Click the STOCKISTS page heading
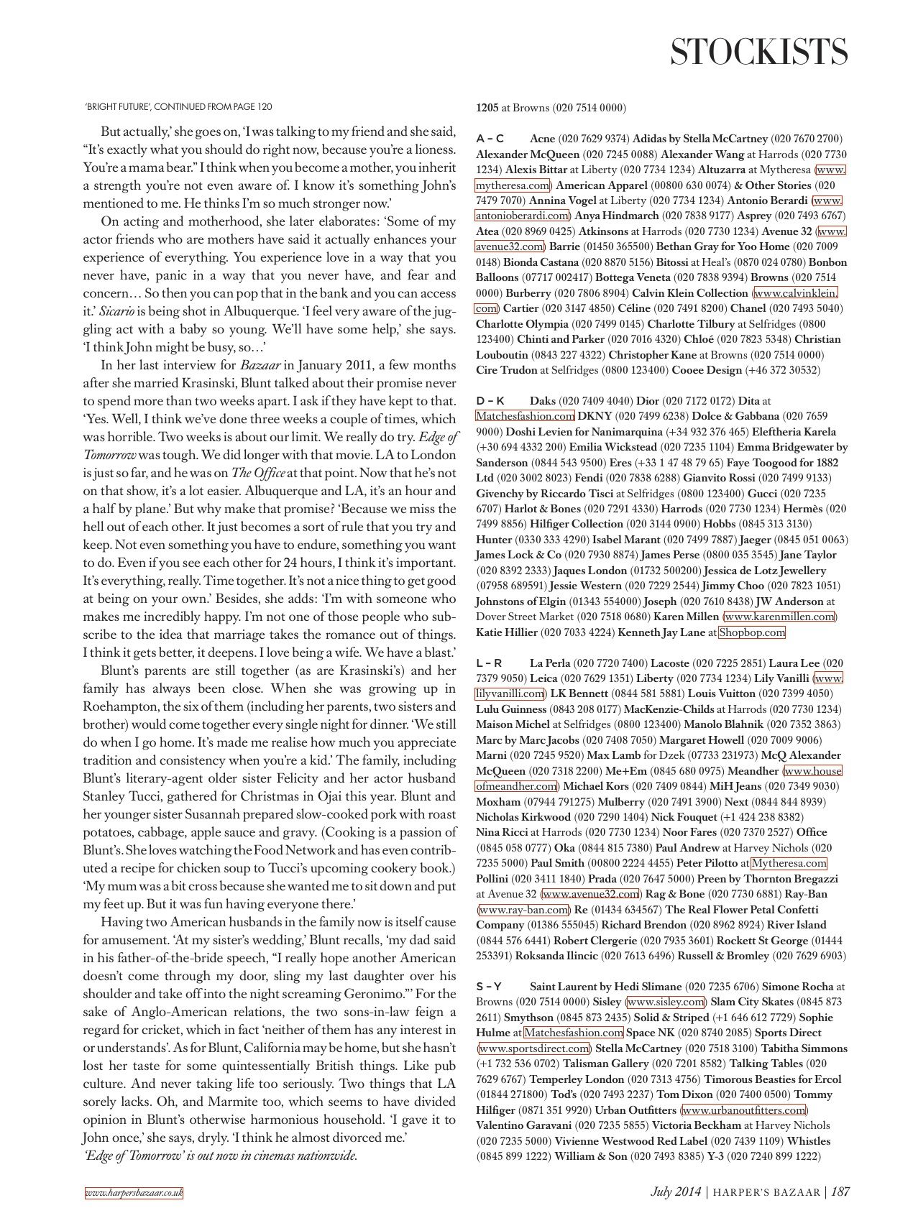click(x=758, y=52)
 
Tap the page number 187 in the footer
click(x=840, y=1191)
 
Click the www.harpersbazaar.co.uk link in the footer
click(x=134, y=1193)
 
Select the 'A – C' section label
click(x=490, y=139)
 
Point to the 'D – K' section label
click(x=490, y=401)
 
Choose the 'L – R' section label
click(x=490, y=663)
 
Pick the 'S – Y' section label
click(x=489, y=987)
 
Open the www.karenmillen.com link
click(x=779, y=617)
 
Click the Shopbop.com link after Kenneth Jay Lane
click(x=752, y=632)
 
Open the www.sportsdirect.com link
click(x=533, y=1048)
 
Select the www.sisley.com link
click(x=666, y=1002)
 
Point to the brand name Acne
click(x=542, y=139)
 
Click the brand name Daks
click(x=543, y=401)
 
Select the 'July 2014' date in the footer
click(x=675, y=1191)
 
